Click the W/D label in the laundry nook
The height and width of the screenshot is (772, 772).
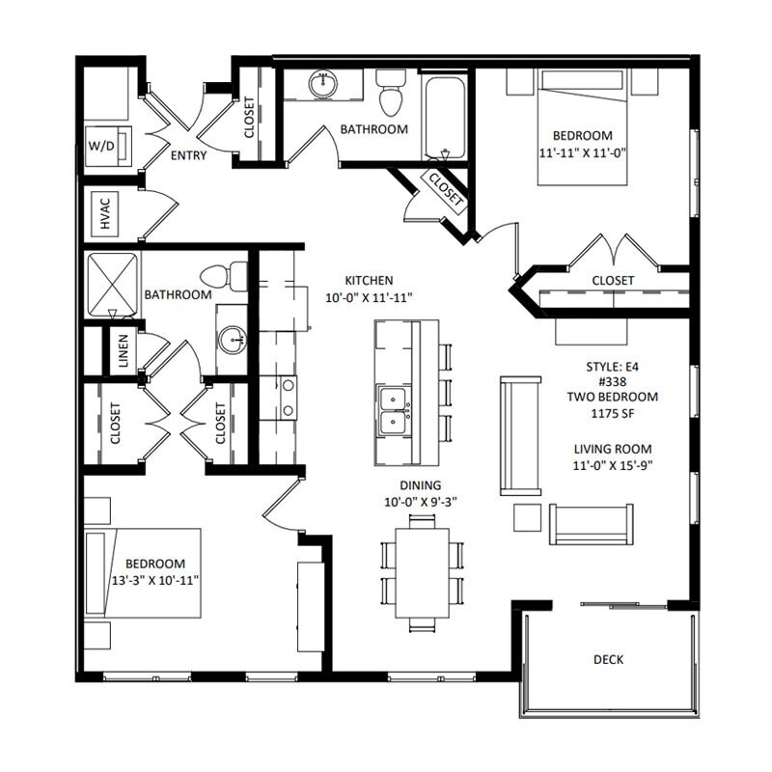coord(101,146)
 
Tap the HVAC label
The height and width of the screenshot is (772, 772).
coord(105,213)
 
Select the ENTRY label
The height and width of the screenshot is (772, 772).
coord(188,155)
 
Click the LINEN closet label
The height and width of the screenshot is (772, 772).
coord(124,351)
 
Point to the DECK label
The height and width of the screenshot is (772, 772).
coord(609,659)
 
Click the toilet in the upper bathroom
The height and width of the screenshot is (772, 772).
coord(392,92)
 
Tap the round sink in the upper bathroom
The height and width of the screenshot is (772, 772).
coord(323,83)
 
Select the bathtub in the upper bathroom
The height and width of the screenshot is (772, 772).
coord(445,117)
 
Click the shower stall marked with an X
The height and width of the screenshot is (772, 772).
coord(113,284)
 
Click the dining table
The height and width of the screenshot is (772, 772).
coord(423,572)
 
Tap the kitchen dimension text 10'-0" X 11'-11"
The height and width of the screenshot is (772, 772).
coord(369,297)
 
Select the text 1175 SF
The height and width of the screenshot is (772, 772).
coord(613,413)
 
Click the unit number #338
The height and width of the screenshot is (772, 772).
coord(613,381)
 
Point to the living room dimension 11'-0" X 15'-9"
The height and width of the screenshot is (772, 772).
coord(613,465)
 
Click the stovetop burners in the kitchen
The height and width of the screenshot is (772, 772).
coord(289,398)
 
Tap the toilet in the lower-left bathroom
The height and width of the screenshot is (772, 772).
coord(224,276)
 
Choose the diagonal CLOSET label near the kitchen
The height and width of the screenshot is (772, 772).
coord(446,189)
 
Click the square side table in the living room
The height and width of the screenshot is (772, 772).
coord(527,517)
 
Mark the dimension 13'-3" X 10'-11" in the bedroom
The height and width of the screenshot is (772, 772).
coord(155,581)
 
